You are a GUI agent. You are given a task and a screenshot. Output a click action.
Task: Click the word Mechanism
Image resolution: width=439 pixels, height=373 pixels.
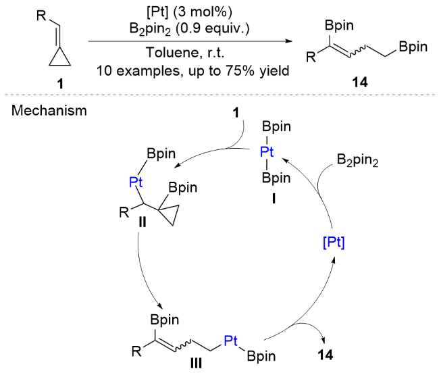point(49,111)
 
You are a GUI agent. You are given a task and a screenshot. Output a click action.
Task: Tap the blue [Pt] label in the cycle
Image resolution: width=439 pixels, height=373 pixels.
point(334,243)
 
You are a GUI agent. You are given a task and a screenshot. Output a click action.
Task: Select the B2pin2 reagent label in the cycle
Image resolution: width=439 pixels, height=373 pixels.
point(357,160)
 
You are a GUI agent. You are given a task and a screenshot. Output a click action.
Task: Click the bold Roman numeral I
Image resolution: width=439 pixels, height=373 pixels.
point(274,199)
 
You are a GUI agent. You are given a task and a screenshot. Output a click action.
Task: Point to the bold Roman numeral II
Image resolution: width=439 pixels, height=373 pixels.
point(143,222)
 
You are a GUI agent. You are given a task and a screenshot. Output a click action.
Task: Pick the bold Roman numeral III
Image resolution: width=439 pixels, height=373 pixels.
point(196,364)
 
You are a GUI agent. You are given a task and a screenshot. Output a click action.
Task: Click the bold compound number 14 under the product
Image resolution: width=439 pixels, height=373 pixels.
point(360,82)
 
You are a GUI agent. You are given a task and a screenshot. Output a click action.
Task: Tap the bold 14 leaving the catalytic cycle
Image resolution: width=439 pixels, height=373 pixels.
point(326,355)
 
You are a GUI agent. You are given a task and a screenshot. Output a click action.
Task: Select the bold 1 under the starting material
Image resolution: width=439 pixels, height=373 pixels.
point(60,83)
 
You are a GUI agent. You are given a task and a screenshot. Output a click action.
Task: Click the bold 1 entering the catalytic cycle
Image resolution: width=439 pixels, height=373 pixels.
point(236,113)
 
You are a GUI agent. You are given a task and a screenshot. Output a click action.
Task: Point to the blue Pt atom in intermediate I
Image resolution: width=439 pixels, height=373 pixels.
point(267,151)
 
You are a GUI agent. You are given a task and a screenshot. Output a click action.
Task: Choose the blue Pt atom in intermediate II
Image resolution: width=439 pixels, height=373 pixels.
point(136,182)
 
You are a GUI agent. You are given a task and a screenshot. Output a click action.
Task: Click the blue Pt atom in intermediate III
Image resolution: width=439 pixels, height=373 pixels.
point(231,341)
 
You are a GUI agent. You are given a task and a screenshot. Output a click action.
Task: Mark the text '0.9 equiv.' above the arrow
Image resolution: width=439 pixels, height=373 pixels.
point(212,28)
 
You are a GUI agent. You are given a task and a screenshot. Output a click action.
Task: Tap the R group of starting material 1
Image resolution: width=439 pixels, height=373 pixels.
point(41,16)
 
